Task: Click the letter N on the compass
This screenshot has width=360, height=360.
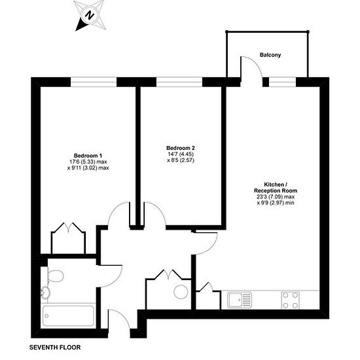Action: [90, 16]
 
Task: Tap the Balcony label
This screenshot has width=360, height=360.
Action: [270, 55]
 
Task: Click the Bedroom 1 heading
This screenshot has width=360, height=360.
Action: [88, 156]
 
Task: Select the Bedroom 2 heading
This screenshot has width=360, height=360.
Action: [181, 148]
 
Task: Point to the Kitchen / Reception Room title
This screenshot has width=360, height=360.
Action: [276, 187]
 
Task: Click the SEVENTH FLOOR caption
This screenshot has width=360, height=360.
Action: [55, 348]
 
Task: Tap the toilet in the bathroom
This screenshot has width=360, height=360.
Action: [55, 276]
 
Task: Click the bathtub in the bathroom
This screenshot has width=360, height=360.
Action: [68, 316]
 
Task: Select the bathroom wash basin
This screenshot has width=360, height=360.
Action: [45, 293]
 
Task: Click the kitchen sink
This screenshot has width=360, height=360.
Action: [240, 300]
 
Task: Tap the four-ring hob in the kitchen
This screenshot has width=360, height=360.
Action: [291, 300]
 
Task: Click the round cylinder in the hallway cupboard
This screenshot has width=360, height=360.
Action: [181, 292]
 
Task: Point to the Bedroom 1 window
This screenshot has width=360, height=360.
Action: [94, 82]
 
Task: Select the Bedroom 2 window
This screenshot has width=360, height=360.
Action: [179, 82]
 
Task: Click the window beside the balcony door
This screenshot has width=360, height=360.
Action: [282, 82]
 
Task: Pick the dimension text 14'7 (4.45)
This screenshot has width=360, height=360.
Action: [181, 154]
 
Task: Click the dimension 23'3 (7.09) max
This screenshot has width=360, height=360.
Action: [276, 197]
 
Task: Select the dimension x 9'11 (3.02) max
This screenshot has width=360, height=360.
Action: [88, 168]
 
